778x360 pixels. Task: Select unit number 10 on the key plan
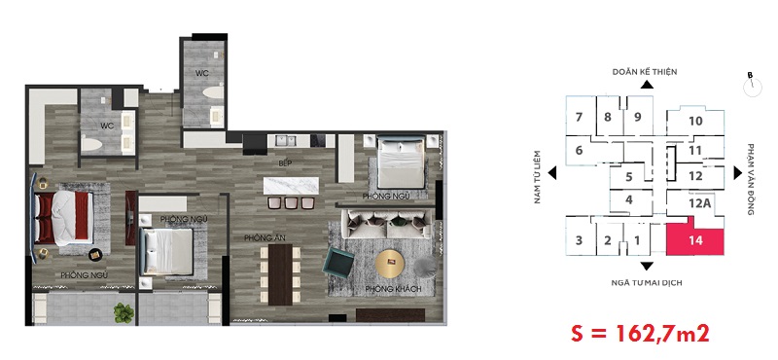click(695, 121)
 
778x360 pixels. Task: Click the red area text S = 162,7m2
click(640, 333)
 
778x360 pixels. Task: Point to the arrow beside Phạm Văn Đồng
click(738, 173)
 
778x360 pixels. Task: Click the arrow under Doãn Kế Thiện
click(647, 85)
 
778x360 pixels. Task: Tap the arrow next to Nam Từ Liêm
click(552, 173)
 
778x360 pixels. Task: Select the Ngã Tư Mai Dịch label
click(647, 283)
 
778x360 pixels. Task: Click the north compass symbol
click(752, 87)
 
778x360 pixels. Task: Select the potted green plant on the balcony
click(124, 313)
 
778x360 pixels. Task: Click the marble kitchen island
click(291, 186)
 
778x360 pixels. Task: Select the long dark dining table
click(280, 274)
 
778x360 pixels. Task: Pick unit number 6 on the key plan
click(579, 150)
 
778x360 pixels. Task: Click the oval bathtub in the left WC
click(91, 144)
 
